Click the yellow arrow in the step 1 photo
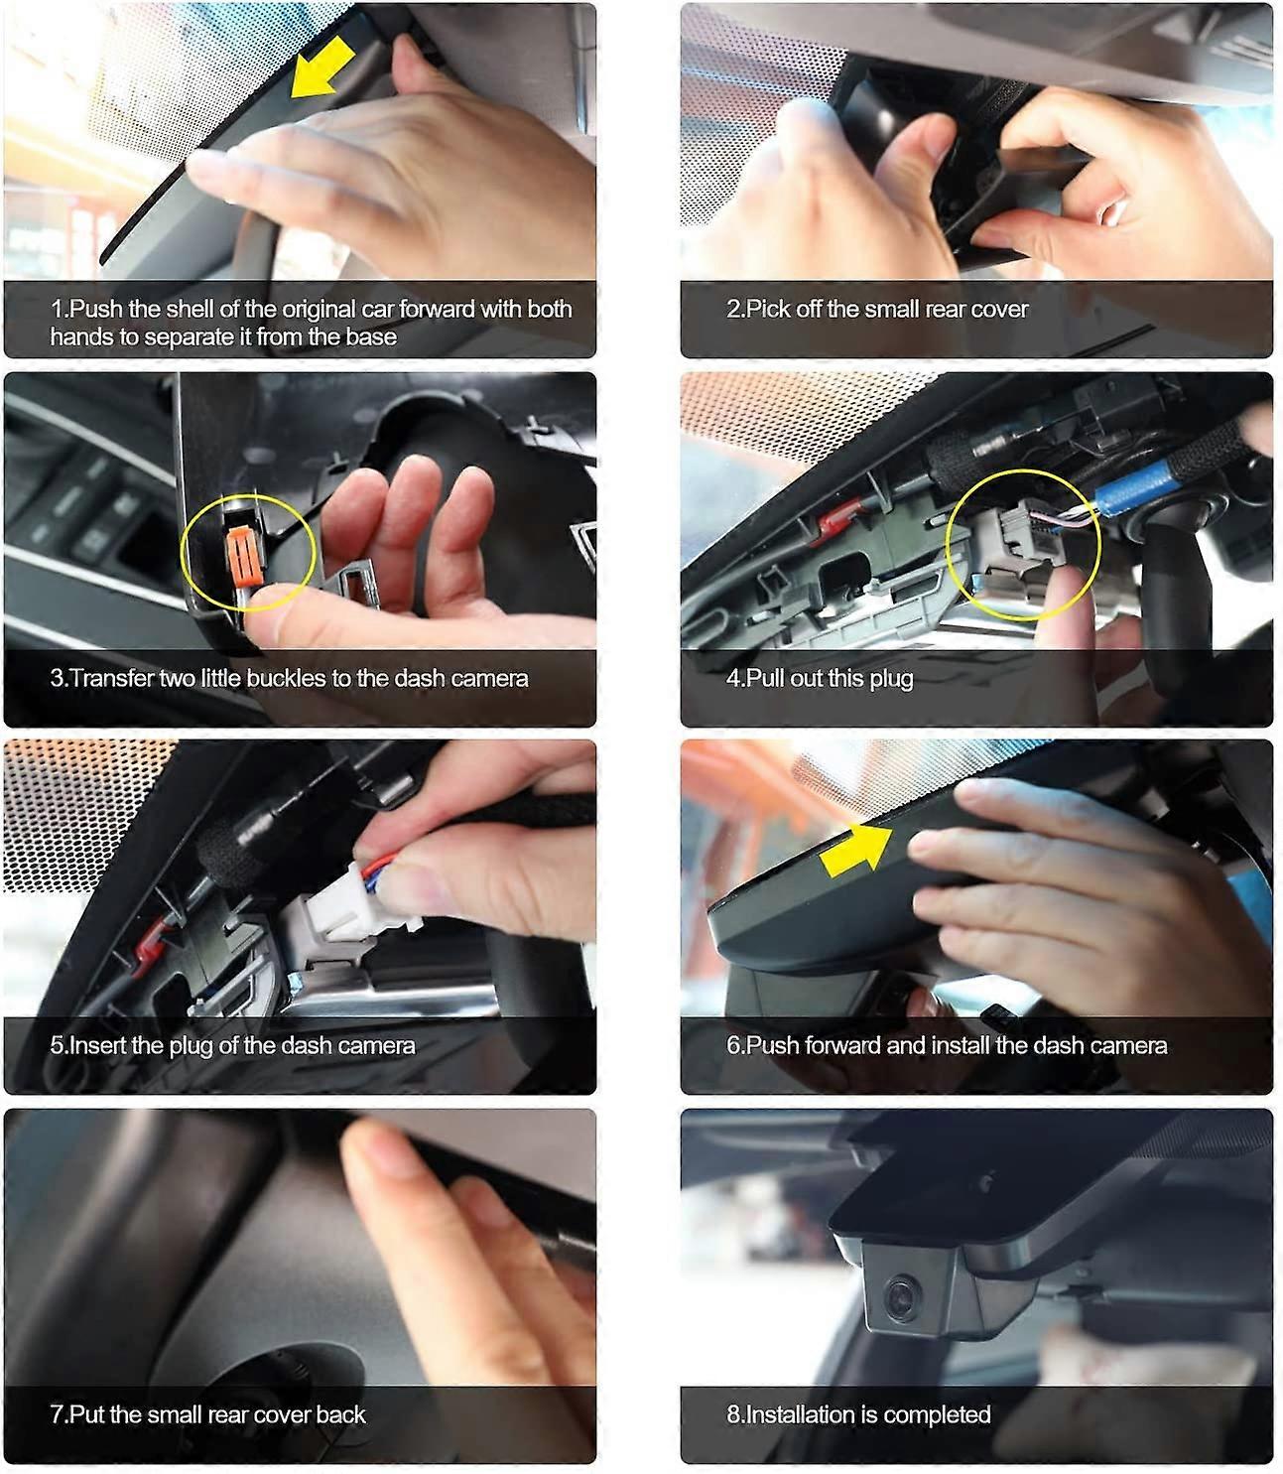321,67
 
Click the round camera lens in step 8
901,1296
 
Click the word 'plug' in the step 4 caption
891,679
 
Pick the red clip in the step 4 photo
837,519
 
